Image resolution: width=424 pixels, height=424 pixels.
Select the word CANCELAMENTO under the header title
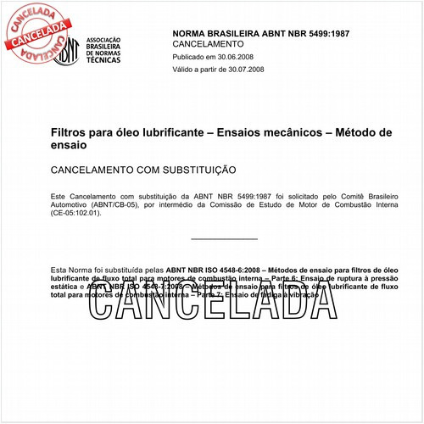(x=208, y=43)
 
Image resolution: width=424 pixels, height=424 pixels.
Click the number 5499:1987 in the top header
(x=321, y=33)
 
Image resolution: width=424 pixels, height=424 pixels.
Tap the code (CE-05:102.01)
(x=75, y=214)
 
